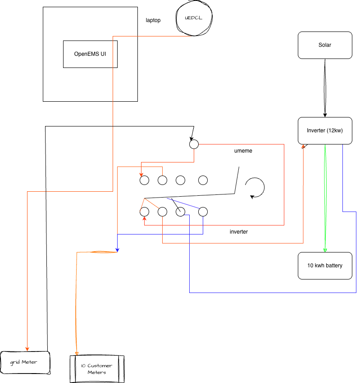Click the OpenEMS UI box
[x=90, y=54]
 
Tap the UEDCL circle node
[x=193, y=18]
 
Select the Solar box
[x=325, y=45]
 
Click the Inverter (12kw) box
[x=325, y=131]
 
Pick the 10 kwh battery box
[x=325, y=266]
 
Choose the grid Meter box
[x=24, y=362]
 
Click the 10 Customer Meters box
[x=96, y=369]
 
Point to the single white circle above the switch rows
[x=194, y=144]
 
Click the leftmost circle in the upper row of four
[x=144, y=180]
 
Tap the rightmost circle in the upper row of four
[x=203, y=180]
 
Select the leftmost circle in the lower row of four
[x=144, y=212]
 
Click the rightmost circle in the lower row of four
[x=203, y=212]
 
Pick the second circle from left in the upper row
[x=162, y=180]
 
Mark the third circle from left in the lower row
[x=180, y=212]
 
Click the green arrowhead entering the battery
[x=325, y=249]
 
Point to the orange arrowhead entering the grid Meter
[x=27, y=349]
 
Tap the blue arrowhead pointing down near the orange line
[x=117, y=249]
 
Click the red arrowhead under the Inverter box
[x=303, y=147]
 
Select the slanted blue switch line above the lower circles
[x=182, y=203]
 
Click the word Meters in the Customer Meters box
[x=97, y=372]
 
